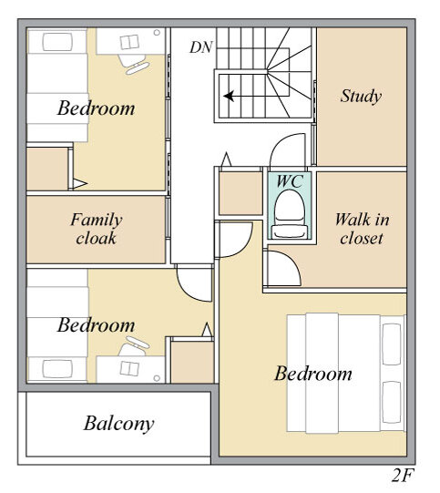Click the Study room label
coord(361,96)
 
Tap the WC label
coord(290,181)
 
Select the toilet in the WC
coord(290,214)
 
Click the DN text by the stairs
coord(201,47)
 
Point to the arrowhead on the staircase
coord(229,96)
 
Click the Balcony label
coord(118,424)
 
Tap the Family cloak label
coord(97,229)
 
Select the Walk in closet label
coord(362,229)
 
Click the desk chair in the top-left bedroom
coord(134,64)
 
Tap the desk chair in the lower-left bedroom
coord(134,346)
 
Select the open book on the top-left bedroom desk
coord(129,42)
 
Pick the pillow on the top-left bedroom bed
coord(57,42)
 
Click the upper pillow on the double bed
coord(392,344)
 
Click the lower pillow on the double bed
coord(392,402)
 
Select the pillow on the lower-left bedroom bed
coord(57,369)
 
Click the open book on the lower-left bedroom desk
coord(129,368)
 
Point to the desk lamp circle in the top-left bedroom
coord(157,33)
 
